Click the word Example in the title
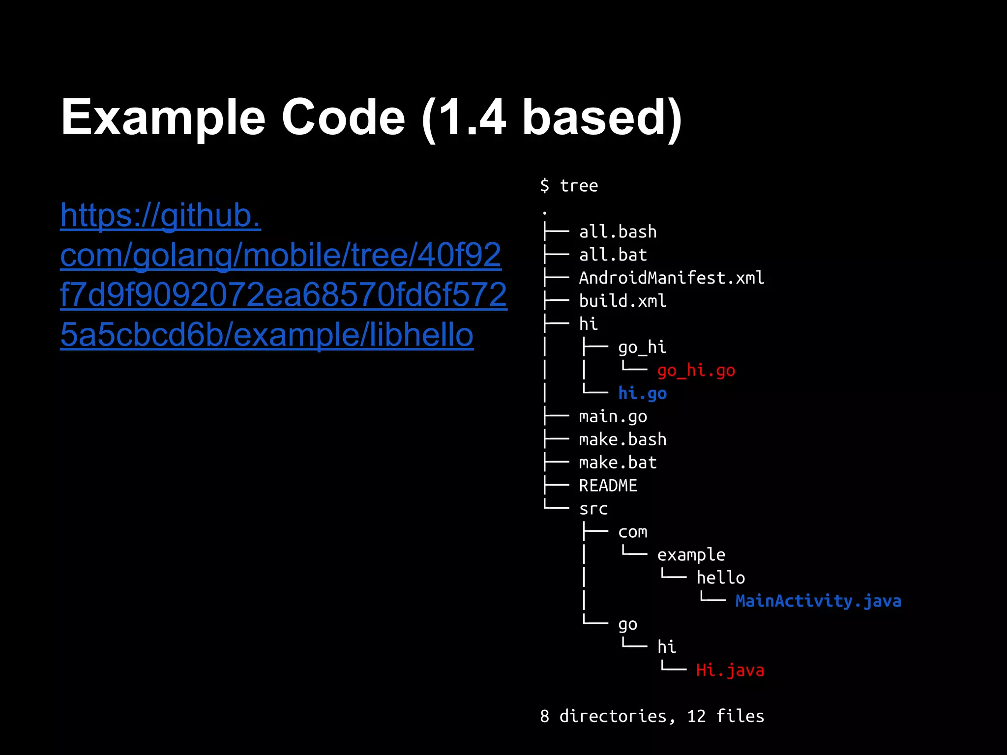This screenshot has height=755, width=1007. pos(163,118)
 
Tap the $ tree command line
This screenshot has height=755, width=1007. pos(569,186)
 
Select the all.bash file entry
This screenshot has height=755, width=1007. pos(618,232)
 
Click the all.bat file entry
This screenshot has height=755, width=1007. pos(613,255)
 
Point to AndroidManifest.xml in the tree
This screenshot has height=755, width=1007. pos(671,278)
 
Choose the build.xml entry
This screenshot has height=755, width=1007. pos(622,301)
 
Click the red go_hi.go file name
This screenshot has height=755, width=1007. pos(696,370)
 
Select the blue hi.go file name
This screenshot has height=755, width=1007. pos(642,393)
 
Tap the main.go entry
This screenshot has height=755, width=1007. pos(613,416)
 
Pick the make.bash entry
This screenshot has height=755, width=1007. pos(622,439)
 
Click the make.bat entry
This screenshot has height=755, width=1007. pos(618,463)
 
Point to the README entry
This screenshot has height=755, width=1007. pos(608,486)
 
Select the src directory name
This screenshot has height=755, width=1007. pos(593,509)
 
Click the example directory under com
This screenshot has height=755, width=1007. pos(691,555)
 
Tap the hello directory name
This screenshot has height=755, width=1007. pos(720,578)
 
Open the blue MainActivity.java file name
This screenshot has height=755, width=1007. pos(818,601)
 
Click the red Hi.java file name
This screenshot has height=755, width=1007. pos(730,670)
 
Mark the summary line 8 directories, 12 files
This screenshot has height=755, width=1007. pos(652,716)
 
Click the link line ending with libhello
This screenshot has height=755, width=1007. pos(267,335)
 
